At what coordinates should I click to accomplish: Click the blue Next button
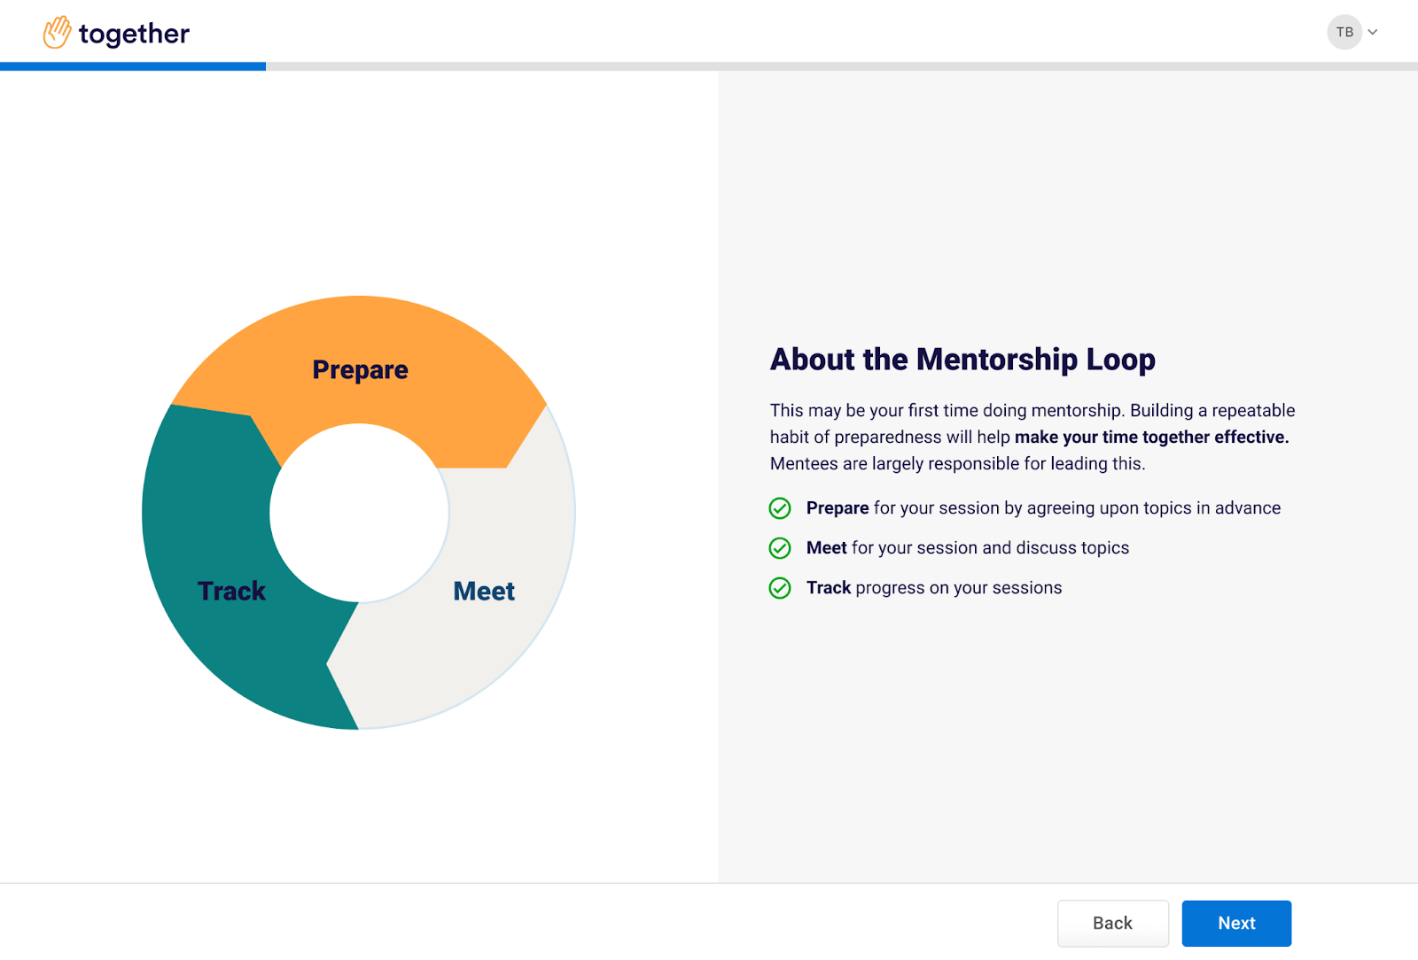1236,923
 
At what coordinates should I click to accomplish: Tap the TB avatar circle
1344,32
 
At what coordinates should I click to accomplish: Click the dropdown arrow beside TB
1373,32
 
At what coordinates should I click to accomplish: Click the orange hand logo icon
57,32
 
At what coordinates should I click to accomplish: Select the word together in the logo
134,35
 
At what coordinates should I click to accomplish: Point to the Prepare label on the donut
360,370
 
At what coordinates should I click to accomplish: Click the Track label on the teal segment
231,591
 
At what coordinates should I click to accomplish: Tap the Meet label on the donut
484,591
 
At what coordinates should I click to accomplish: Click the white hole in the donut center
359,512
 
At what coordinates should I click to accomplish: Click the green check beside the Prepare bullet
780,507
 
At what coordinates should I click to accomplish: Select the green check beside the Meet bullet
780,547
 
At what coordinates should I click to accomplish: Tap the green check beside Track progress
780,587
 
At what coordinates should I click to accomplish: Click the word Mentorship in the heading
997,360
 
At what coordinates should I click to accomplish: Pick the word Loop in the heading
1121,360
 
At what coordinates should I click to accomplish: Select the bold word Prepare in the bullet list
838,508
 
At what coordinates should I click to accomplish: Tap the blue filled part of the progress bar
133,66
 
